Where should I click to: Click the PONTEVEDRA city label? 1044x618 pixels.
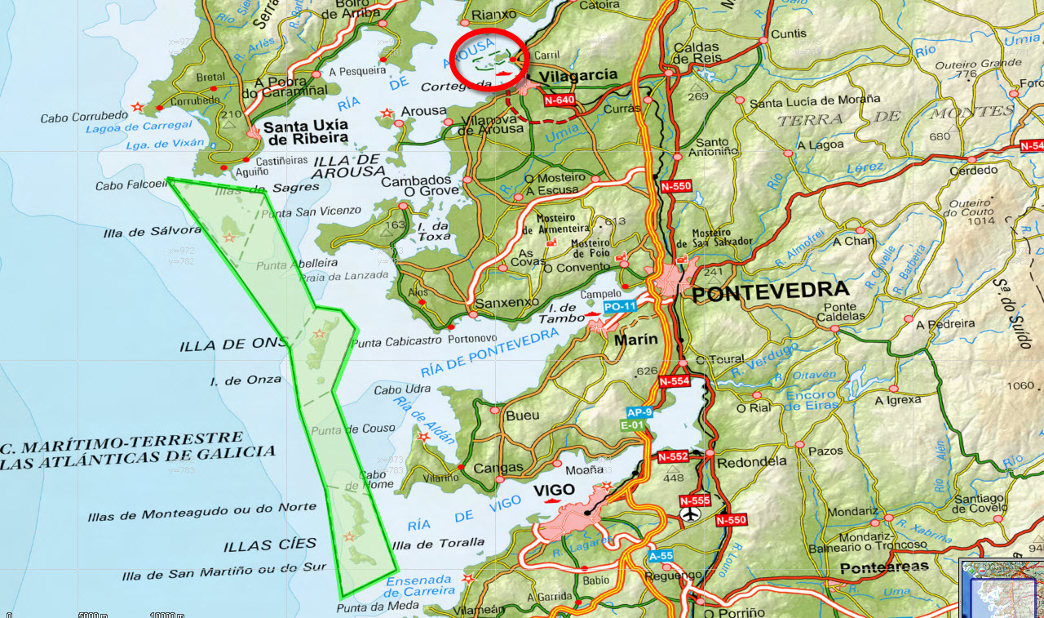pos(770,291)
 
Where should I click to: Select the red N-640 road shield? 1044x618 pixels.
pos(560,100)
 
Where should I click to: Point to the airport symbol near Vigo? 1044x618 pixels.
pos(691,514)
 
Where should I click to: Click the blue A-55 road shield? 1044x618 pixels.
pos(661,556)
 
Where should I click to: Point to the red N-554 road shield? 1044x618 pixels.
pos(674,381)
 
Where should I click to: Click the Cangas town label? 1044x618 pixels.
pos(498,468)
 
